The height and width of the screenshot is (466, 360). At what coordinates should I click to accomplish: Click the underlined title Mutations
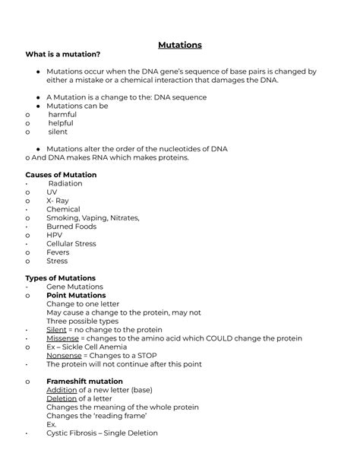click(x=179, y=45)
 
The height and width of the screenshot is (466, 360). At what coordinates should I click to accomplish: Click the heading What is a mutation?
click(x=62, y=54)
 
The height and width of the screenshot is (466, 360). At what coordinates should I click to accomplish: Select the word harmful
click(x=62, y=115)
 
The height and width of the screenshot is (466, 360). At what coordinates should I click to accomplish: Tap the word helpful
click(x=62, y=123)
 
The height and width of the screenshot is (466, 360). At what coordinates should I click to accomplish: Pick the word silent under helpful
click(x=58, y=132)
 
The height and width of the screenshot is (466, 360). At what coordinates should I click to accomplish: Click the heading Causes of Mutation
click(x=61, y=175)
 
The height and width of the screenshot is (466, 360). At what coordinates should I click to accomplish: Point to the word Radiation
click(x=65, y=184)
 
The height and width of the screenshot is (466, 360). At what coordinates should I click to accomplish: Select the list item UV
click(x=52, y=192)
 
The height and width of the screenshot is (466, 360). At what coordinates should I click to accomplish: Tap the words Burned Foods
click(x=71, y=227)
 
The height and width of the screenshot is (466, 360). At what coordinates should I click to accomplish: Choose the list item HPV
click(x=55, y=236)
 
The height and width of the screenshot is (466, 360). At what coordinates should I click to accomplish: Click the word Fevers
click(x=58, y=252)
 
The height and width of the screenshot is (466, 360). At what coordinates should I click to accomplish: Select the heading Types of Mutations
click(x=60, y=278)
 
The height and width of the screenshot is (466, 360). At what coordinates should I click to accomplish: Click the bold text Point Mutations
click(x=76, y=296)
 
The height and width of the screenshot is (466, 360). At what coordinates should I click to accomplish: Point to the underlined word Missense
click(x=64, y=338)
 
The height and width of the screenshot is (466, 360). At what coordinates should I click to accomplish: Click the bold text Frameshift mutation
click(x=84, y=382)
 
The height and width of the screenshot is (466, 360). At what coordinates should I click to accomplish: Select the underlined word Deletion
click(x=62, y=398)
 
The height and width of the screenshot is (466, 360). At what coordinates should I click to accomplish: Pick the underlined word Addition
click(x=62, y=390)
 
